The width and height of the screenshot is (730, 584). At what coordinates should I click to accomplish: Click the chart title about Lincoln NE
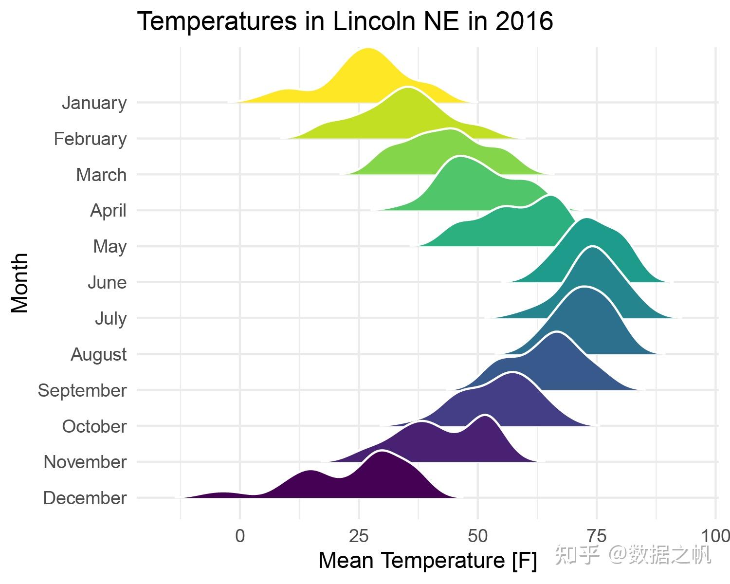pos(345,22)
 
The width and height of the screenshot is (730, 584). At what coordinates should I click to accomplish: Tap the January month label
pos(94,103)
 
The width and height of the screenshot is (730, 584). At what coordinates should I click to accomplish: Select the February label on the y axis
pos(91,139)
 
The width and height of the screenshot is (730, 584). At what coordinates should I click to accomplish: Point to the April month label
pos(108,211)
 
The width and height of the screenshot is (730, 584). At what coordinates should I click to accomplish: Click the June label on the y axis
pos(107,283)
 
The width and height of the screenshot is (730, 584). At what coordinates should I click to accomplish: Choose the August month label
pos(99,354)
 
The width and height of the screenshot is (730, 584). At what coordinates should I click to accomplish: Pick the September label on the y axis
pos(82,390)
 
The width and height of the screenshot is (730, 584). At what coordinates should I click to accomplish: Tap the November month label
pos(85,462)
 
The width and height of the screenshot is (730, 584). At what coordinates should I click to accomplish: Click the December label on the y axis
pos(85,498)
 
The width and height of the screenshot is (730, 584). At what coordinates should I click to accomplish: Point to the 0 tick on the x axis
pos(240,536)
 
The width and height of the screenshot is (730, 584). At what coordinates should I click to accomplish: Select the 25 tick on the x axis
pos(359,536)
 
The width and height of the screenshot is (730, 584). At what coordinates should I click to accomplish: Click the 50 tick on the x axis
pos(478,536)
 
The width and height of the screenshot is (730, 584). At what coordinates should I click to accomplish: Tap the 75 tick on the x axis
pos(597,536)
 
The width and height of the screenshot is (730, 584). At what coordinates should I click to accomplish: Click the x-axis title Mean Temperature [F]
pos(427,561)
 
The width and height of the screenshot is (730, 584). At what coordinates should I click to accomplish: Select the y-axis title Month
pos(20,282)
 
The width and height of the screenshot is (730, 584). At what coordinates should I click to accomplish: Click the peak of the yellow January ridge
pos(368,50)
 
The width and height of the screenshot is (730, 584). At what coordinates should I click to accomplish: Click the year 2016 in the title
pos(524,22)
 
